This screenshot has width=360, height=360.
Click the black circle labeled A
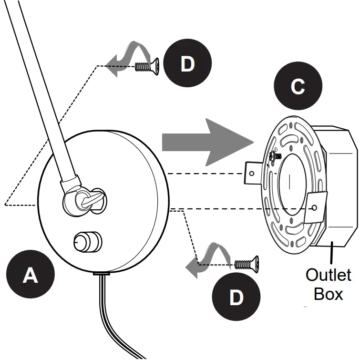coord(31,274)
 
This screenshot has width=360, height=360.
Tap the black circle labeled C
coord(298,86)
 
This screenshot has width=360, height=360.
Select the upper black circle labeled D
coord(187,63)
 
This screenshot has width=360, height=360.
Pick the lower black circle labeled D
coord(236,297)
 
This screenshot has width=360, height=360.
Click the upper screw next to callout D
coord(147,66)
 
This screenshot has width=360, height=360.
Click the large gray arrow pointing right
coord(208,143)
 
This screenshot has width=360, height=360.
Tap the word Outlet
coord(329,275)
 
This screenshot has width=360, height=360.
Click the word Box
coord(329,294)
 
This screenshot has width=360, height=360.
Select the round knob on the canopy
coord(88,242)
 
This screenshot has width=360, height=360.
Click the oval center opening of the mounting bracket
coord(292,185)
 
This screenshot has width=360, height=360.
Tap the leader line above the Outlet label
coord(331,253)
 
